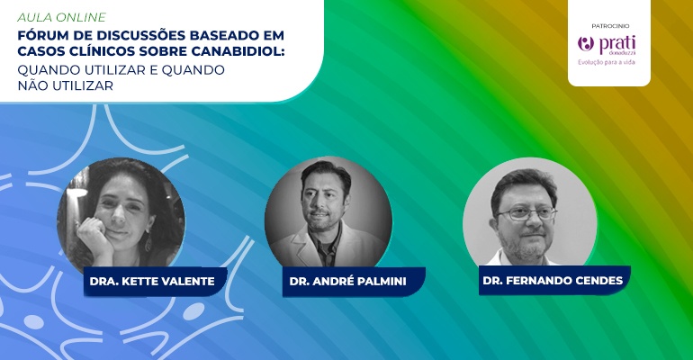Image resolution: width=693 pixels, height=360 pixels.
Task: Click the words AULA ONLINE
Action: pos(62,17)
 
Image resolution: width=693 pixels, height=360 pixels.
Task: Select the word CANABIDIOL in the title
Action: pos(238,50)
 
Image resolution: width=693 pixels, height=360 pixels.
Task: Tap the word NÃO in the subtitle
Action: pos(32,85)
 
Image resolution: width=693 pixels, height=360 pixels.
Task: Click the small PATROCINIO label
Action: pos(610,26)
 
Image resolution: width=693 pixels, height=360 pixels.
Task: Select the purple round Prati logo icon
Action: pos(586,44)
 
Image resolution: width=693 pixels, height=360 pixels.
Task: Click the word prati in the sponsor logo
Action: pos(617,44)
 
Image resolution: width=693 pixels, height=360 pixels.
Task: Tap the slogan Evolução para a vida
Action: pos(607,62)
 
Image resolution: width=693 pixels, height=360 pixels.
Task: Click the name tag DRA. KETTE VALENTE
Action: pos(152,282)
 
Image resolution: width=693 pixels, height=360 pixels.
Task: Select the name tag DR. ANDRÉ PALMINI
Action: pos(348,282)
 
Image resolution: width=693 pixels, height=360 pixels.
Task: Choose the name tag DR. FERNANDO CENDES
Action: pos(553,281)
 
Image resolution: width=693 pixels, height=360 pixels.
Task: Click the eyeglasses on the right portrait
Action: pos(526,214)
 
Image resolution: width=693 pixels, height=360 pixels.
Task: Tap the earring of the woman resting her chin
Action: pos(148,242)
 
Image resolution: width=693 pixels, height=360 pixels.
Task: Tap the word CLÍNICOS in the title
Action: pos(93,50)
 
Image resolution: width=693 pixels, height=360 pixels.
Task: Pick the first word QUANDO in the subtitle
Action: pos(49,70)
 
